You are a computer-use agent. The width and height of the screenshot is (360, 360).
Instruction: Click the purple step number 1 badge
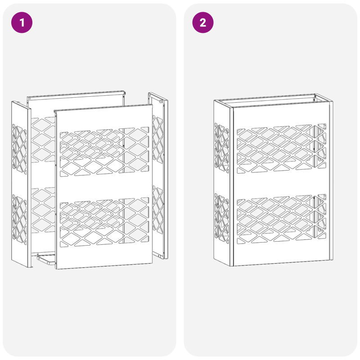coord(22,22)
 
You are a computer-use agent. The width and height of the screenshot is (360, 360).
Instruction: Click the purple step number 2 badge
coord(203,22)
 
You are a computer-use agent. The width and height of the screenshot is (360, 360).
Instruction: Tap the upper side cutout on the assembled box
coord(221,146)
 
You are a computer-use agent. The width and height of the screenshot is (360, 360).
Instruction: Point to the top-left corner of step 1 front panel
coord(55,110)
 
